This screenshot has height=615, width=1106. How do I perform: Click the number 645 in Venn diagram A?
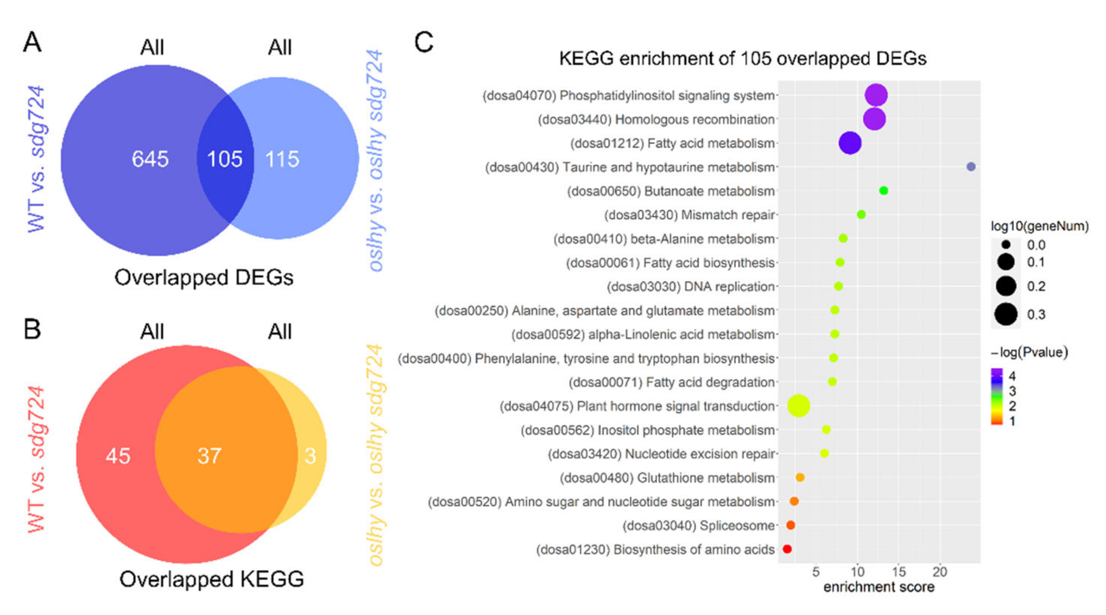coord(150,159)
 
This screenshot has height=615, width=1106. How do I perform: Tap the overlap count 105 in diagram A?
coord(225,159)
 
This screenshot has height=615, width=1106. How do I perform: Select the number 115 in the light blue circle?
coord(282,159)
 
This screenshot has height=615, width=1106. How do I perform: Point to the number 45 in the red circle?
coord(118,456)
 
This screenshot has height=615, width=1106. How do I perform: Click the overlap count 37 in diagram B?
coord(210,456)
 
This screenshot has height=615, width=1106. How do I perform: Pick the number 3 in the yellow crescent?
coord(310,456)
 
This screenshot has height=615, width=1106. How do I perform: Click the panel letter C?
coord(424,43)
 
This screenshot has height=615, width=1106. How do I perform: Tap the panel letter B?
coord(32,329)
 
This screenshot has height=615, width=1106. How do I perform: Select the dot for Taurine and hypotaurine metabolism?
coord(971,166)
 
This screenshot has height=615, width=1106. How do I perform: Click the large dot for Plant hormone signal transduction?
coord(798,405)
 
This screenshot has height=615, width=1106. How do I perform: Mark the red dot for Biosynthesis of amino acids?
coord(787,549)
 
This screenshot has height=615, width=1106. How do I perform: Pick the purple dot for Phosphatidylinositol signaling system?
coord(876,95)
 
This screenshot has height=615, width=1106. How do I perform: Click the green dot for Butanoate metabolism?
coord(883,190)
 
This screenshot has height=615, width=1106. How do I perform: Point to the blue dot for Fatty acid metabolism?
coord(850,143)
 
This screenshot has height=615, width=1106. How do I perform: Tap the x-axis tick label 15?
coord(899,572)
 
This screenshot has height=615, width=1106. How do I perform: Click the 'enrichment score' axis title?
coord(879,587)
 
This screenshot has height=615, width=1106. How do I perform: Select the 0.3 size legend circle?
coord(1006,314)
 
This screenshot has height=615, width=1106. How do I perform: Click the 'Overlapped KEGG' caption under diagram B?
coord(211,580)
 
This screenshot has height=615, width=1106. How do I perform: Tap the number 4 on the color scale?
coord(1012,376)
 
